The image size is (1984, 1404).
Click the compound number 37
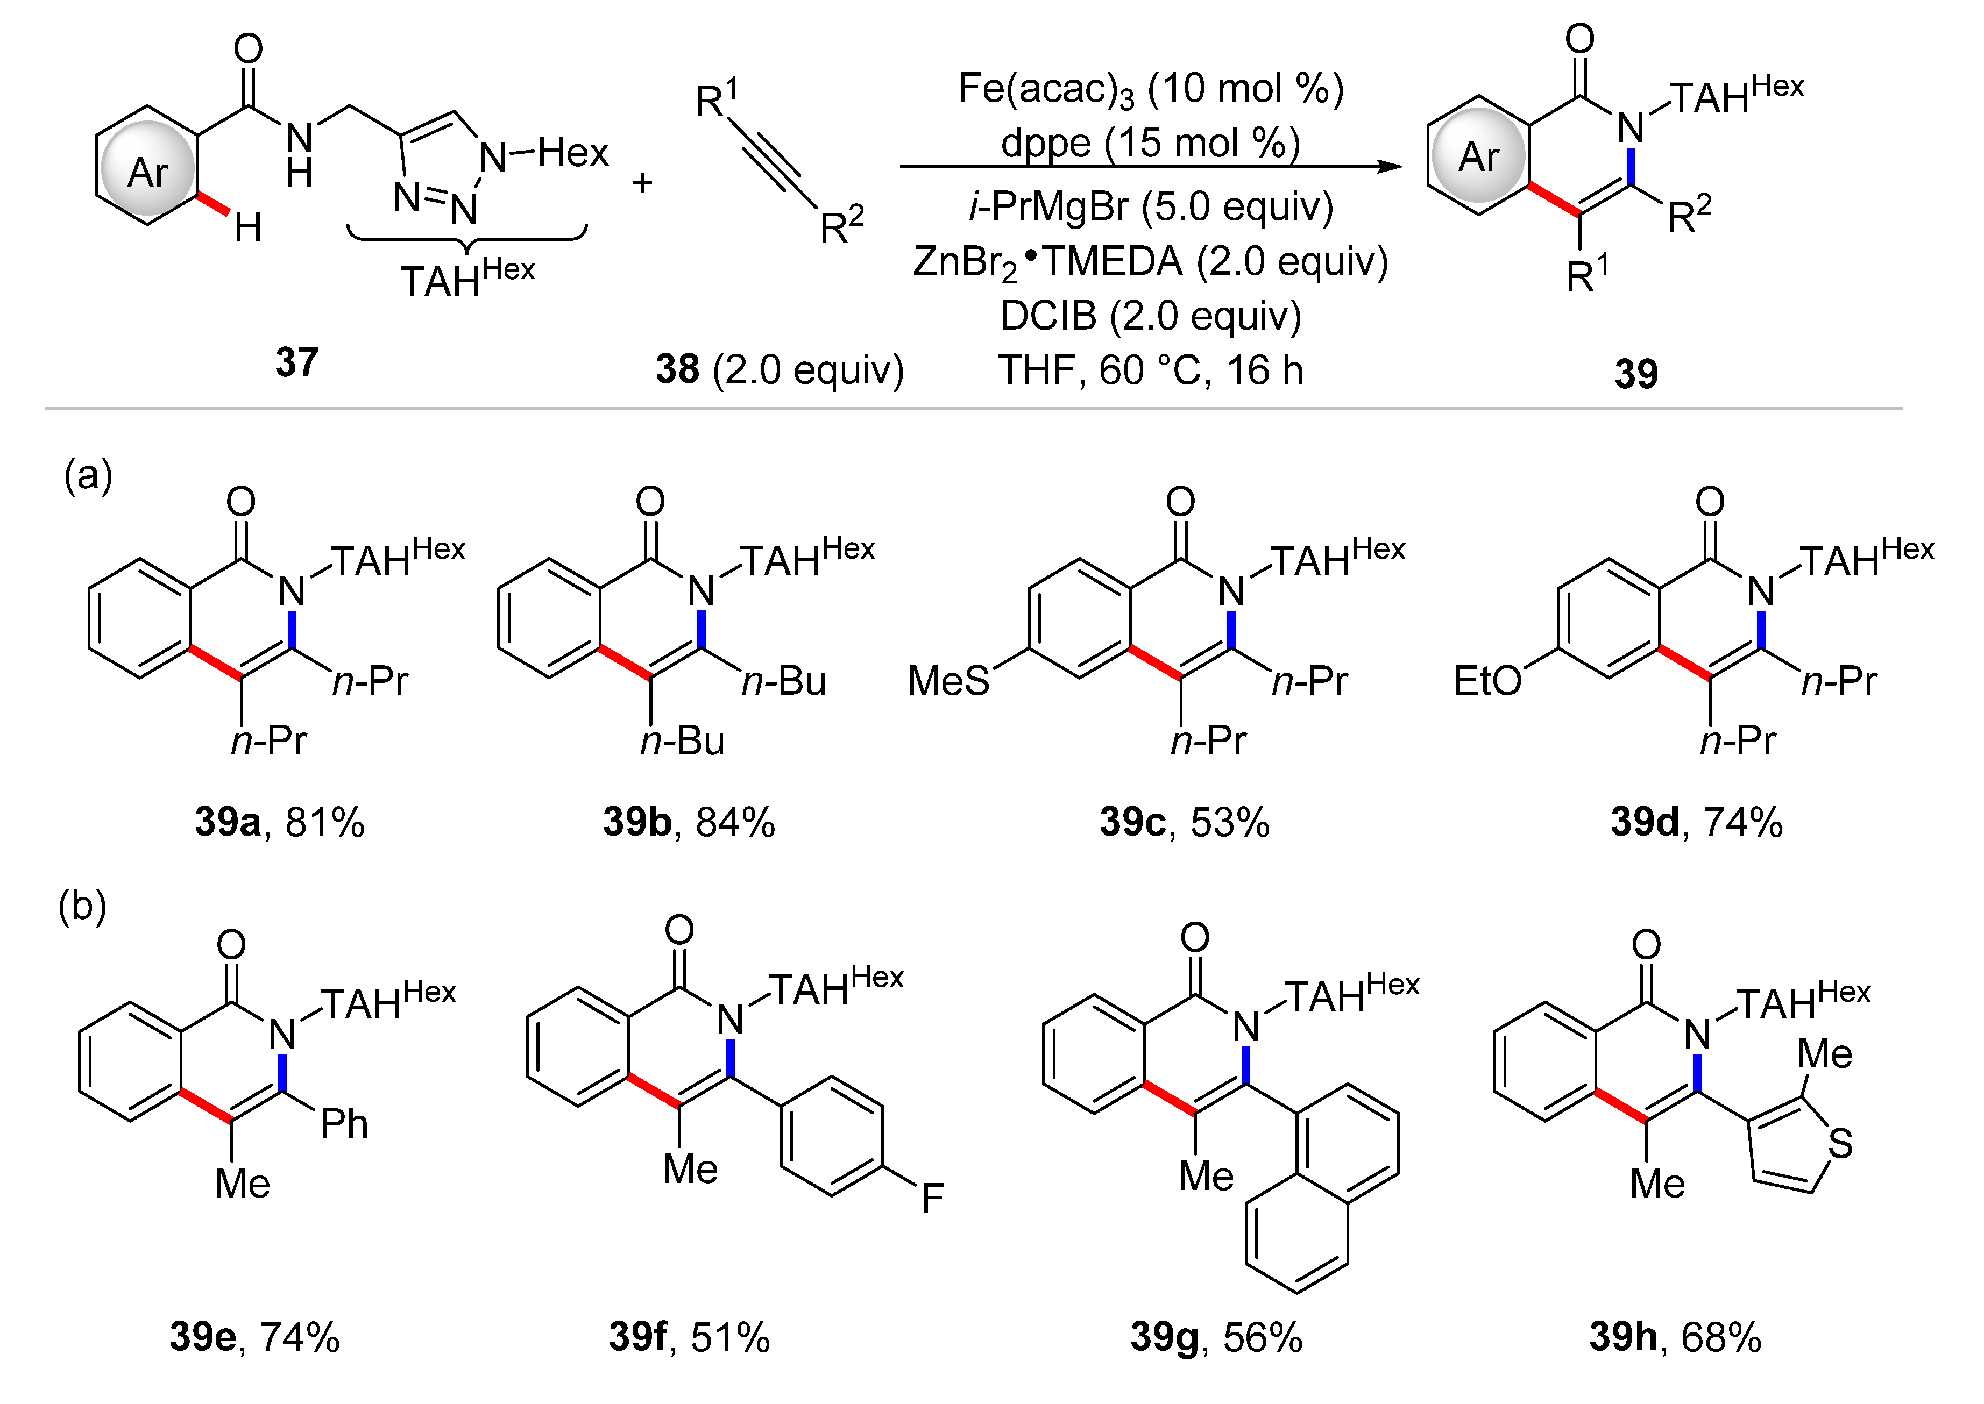pyautogui.click(x=296, y=362)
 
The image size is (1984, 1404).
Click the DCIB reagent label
pyautogui.click(x=1048, y=316)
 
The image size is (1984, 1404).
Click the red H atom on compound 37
pyautogui.click(x=248, y=228)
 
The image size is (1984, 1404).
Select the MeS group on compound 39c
pyautogui.click(x=948, y=681)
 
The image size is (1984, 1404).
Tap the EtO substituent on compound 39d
pyautogui.click(x=1487, y=681)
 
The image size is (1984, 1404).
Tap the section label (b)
pyautogui.click(x=82, y=907)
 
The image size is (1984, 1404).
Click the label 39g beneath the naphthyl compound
pyautogui.click(x=1164, y=1337)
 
